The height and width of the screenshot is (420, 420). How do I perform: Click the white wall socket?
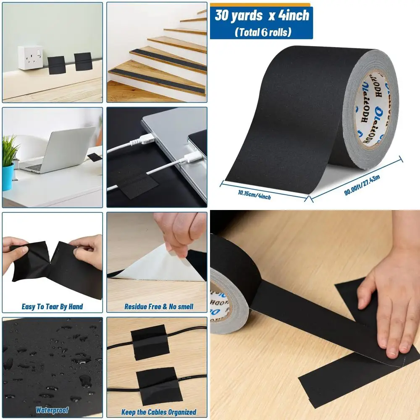coord(30,58)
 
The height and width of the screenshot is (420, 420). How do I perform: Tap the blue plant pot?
coord(8,176)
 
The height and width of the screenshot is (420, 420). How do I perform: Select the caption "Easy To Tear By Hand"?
coord(52,307)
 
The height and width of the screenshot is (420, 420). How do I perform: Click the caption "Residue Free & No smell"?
coord(159,307)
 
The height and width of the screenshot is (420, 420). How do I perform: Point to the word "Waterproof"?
coord(52,410)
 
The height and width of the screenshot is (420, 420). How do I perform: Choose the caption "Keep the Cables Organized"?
coord(159,412)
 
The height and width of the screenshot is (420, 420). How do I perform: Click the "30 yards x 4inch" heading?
coord(262,16)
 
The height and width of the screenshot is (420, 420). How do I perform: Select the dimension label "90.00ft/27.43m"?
coord(362,184)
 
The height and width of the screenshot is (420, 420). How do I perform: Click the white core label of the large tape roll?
coord(374,107)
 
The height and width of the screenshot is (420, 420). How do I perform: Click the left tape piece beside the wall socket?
coord(56,65)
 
